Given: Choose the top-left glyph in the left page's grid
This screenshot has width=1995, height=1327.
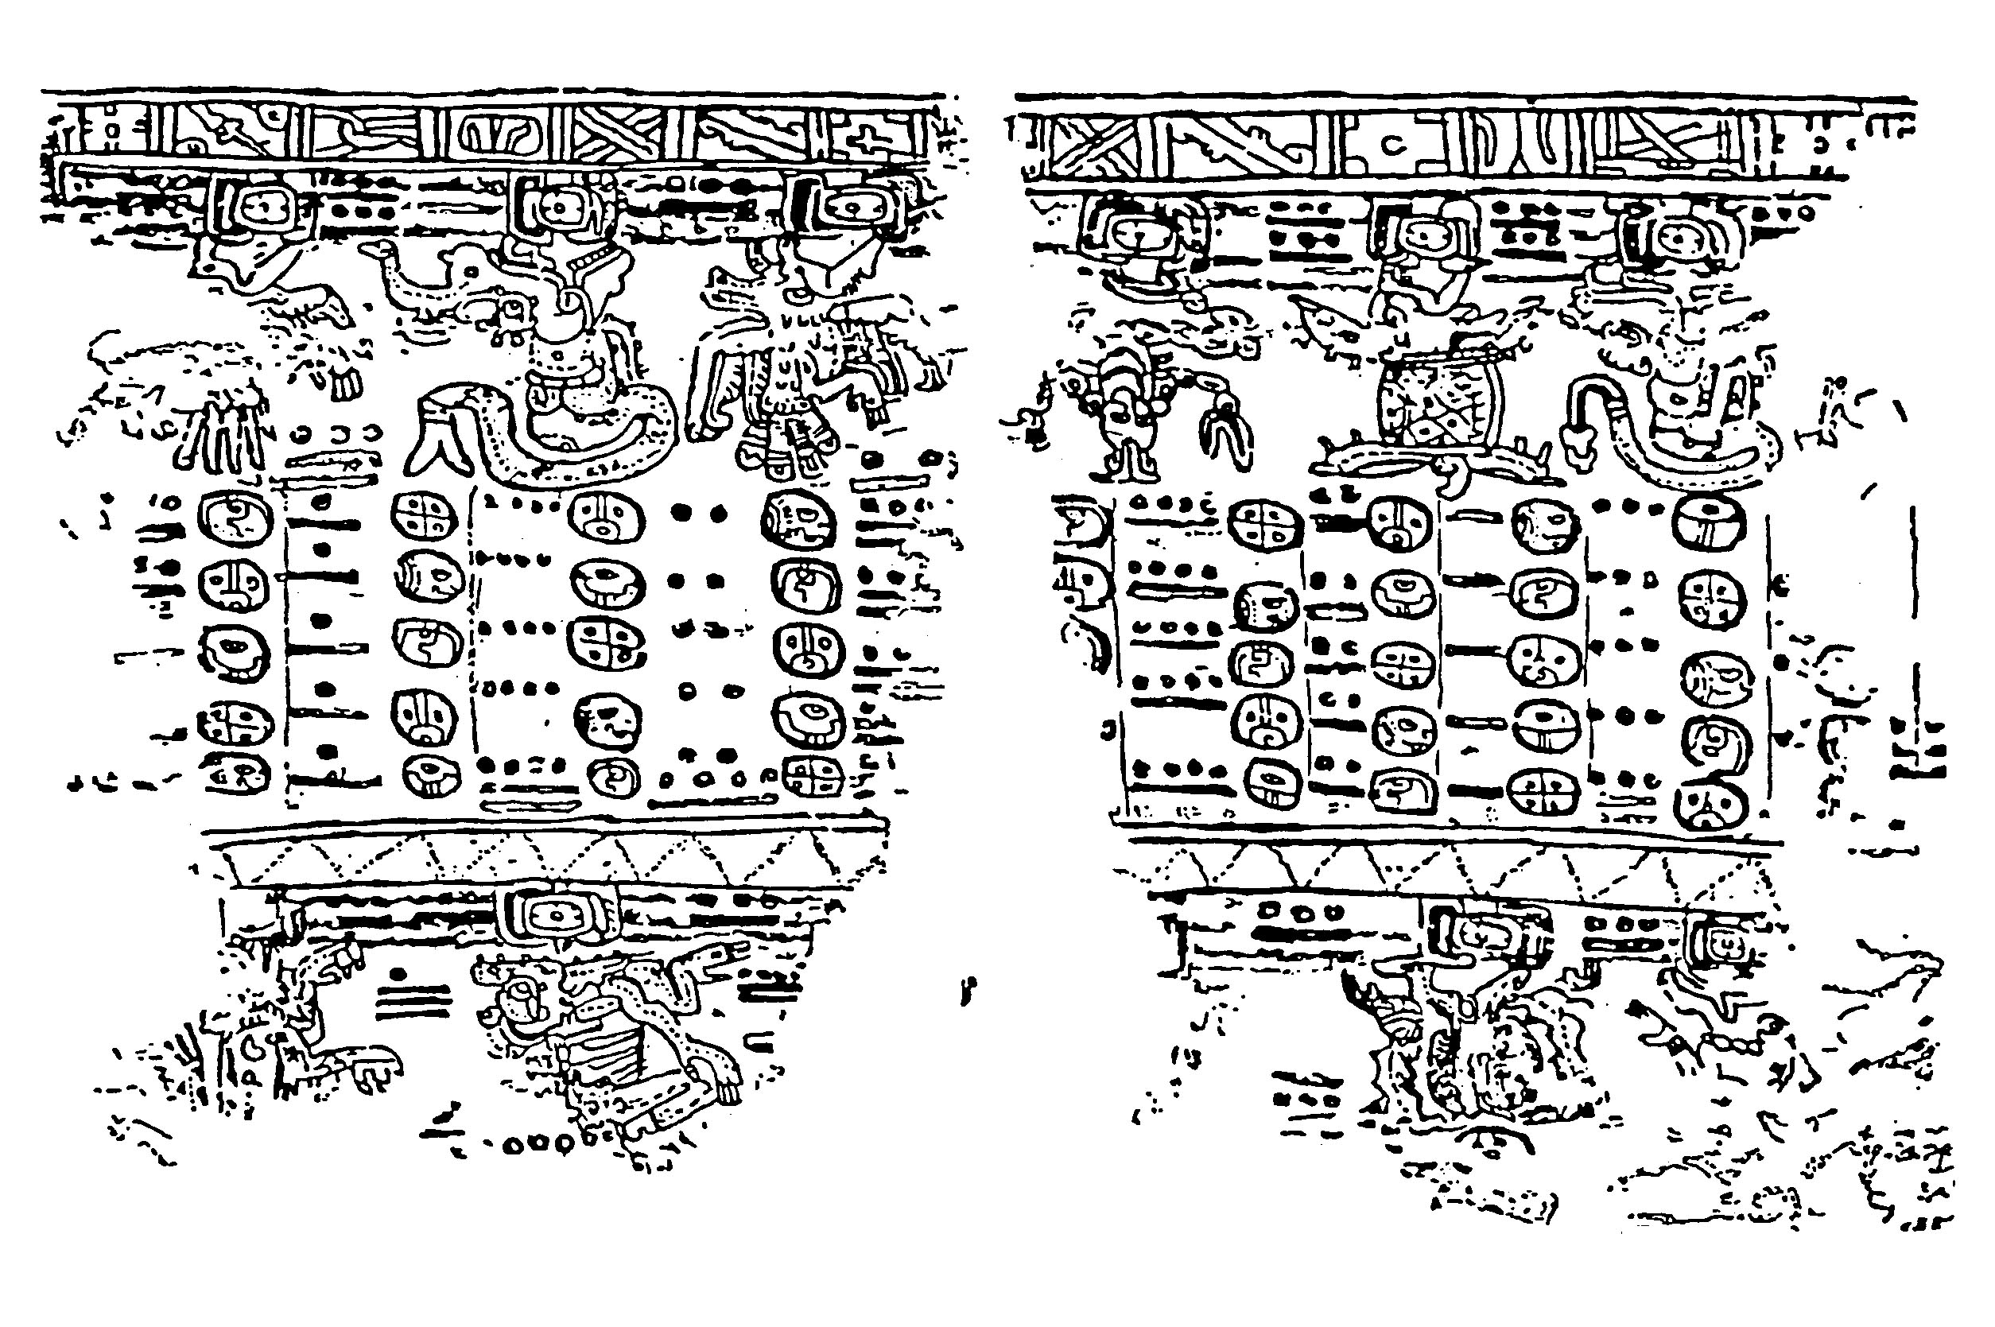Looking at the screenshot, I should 235,516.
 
